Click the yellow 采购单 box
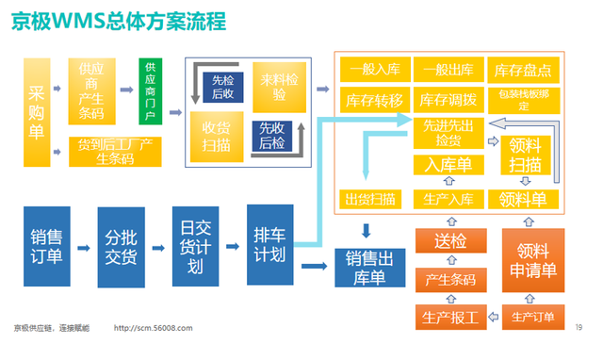[x=37, y=110]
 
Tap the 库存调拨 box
[x=448, y=100]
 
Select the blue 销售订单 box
[x=47, y=247]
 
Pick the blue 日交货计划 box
[x=196, y=247]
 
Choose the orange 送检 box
[x=449, y=243]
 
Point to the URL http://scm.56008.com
[x=154, y=327]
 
